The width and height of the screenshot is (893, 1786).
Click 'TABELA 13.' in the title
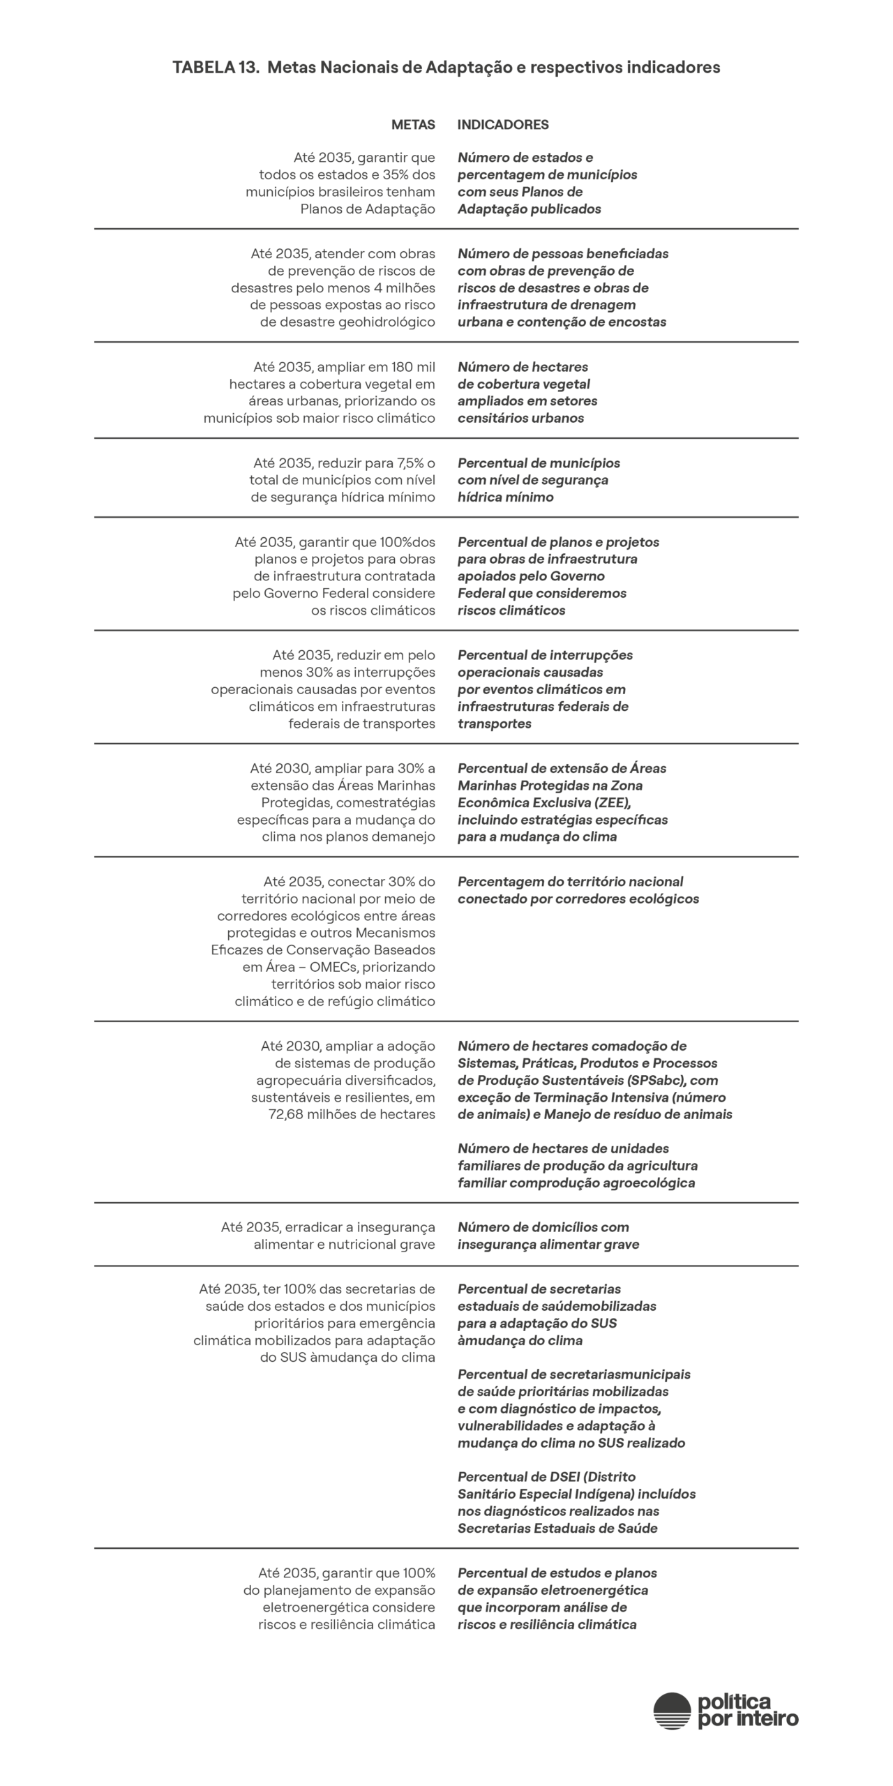[216, 68]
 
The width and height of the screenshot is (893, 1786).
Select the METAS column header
[413, 125]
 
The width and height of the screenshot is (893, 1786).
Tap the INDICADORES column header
[503, 125]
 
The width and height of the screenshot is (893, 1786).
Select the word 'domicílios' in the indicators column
[566, 1228]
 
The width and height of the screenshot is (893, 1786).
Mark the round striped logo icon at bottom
[671, 1711]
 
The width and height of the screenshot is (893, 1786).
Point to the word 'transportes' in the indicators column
[494, 724]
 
